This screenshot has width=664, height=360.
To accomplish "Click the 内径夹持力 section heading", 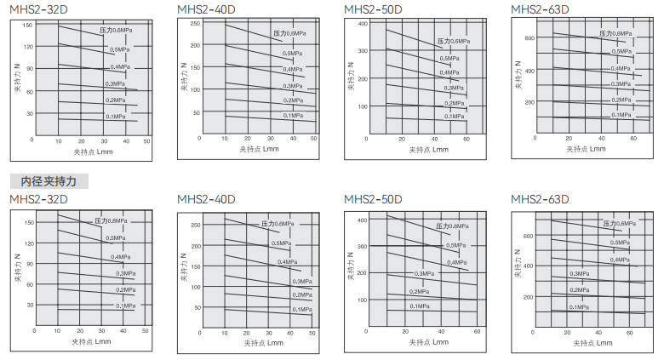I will pyautogui.click(x=49, y=181).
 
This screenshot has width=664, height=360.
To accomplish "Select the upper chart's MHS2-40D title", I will pyautogui.click(x=205, y=9).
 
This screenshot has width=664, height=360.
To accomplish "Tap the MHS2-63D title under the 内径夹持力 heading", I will pyautogui.click(x=539, y=200).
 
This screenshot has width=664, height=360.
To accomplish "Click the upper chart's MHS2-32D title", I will pyautogui.click(x=38, y=9).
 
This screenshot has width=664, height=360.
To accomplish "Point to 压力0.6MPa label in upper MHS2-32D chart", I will pyautogui.click(x=116, y=31).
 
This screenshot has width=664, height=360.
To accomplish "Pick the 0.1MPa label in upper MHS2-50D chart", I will pyautogui.click(x=454, y=117).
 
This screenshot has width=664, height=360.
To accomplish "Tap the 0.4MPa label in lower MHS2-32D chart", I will pyautogui.click(x=120, y=257).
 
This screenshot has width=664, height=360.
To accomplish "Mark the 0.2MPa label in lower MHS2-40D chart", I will pyautogui.click(x=301, y=294).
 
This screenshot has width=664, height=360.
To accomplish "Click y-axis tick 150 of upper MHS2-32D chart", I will pyautogui.click(x=27, y=26).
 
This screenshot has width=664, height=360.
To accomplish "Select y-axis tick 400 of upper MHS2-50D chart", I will pyautogui.click(x=362, y=23).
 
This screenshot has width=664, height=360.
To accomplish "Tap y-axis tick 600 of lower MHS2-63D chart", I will pyautogui.click(x=529, y=236).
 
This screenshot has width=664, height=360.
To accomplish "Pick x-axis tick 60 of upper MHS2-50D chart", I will pyautogui.click(x=467, y=139).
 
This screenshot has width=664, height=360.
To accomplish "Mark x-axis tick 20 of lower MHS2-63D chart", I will pyautogui.click(x=573, y=331).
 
